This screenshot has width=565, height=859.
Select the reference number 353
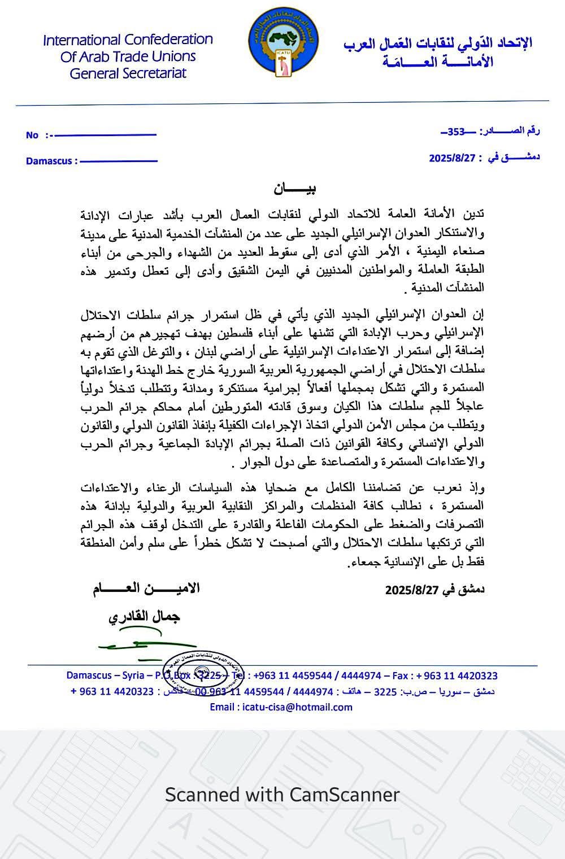click(x=455, y=132)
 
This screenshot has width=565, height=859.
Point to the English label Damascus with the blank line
click(x=49, y=161)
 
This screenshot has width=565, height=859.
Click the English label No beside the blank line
click(x=32, y=135)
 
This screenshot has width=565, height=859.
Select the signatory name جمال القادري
click(x=144, y=617)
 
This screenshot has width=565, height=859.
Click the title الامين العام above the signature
click(x=146, y=588)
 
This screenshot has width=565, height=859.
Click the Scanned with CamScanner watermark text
click(x=282, y=795)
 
